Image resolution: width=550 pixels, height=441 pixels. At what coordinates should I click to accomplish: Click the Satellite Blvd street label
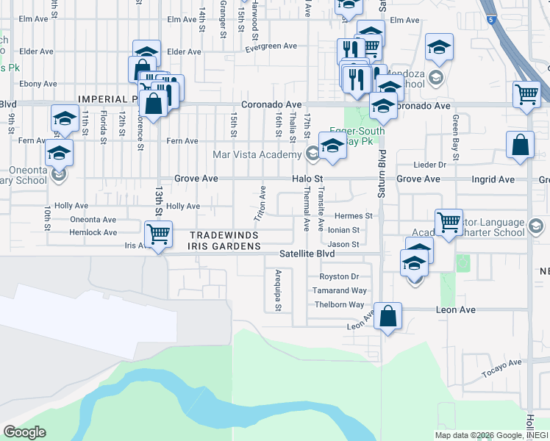[x=307, y=254]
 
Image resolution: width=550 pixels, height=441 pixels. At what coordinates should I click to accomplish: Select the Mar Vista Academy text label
[x=257, y=154]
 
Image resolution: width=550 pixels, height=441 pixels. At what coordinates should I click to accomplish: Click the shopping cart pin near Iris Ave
[x=158, y=234]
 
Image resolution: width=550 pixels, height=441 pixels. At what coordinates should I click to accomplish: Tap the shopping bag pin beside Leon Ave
[x=388, y=317]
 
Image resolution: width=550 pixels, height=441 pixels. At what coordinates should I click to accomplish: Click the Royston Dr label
[x=338, y=277]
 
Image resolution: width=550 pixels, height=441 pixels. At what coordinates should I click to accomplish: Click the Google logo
[x=24, y=432]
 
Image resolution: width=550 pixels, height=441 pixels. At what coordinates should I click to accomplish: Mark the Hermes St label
[x=354, y=216]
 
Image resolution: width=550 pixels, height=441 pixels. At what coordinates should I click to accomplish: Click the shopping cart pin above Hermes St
[x=448, y=221]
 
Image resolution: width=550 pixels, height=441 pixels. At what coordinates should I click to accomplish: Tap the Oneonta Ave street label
[x=93, y=220]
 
